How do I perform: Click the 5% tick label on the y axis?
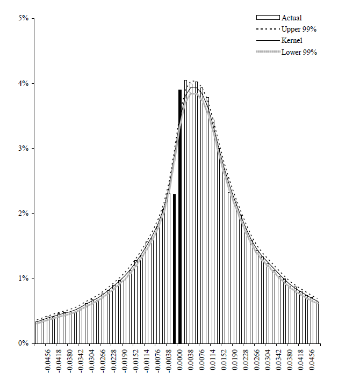click(x=24, y=19)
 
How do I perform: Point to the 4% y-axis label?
click(x=24, y=84)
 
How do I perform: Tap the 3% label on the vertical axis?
click(x=24, y=149)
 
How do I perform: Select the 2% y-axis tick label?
click(x=24, y=214)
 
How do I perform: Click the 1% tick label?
click(x=24, y=279)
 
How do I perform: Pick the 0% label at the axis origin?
click(x=24, y=343)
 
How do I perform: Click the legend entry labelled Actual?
click(x=292, y=18)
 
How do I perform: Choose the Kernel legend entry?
click(x=292, y=40)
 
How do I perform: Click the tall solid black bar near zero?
click(x=179, y=215)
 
